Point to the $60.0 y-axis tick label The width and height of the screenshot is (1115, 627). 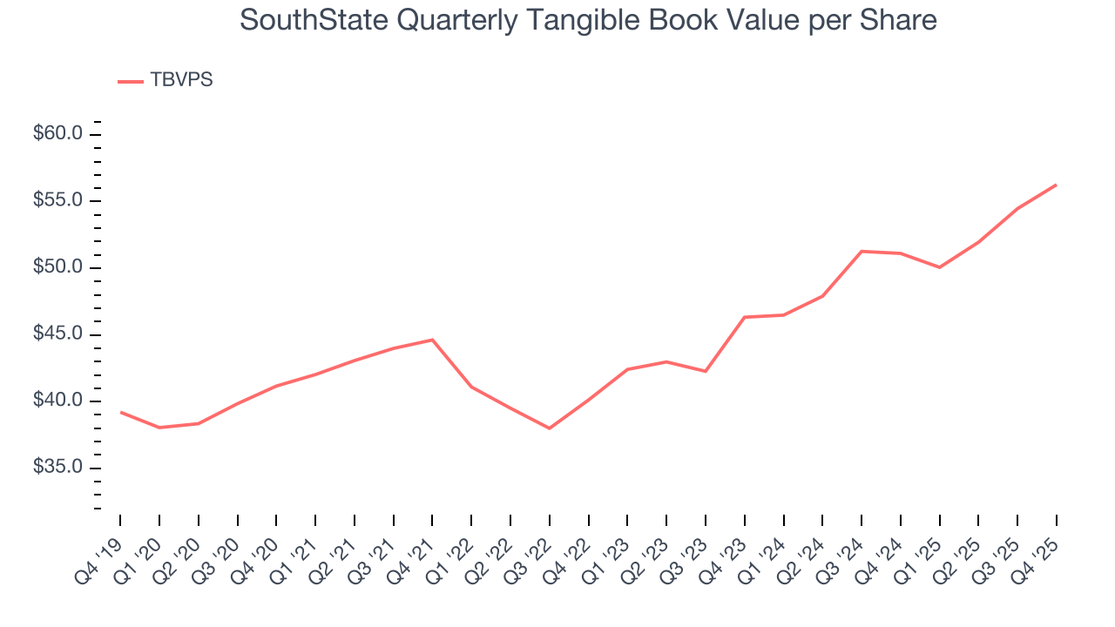click(57, 134)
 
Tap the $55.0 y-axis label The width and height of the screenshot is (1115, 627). click(57, 201)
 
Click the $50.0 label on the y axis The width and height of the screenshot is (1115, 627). click(57, 267)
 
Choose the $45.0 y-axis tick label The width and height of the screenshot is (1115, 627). click(57, 334)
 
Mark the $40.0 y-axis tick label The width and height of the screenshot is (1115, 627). click(57, 401)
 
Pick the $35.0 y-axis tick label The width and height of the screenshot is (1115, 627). click(57, 468)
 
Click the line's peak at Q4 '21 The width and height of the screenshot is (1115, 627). click(432, 340)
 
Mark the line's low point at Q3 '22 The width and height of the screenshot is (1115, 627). click(550, 428)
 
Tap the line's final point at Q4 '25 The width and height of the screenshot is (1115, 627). click(1056, 185)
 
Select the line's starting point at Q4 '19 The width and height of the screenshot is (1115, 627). click(121, 412)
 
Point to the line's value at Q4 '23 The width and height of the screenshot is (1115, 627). click(745, 317)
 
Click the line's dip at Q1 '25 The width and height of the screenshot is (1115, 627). click(939, 267)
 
